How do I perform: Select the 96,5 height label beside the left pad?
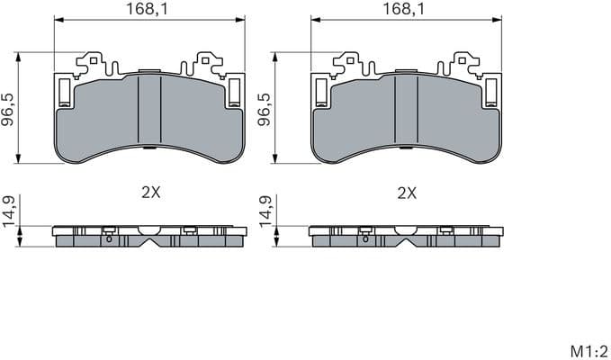8,108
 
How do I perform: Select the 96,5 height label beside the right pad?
265,108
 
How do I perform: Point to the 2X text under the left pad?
150,193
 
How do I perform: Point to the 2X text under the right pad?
407,193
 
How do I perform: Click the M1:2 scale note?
589,349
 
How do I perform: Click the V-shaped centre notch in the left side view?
150,240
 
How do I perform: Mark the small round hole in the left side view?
109,239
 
